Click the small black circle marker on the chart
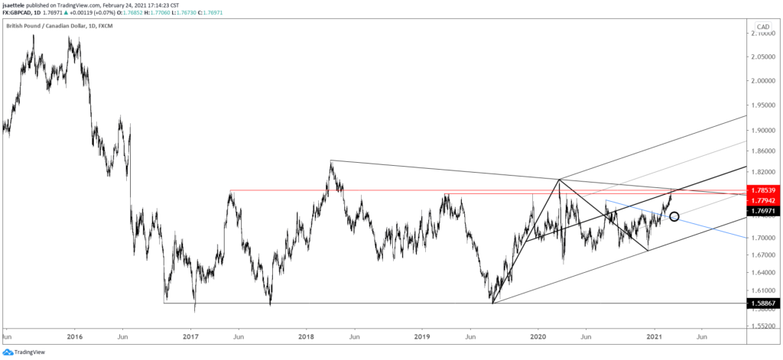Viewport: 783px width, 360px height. (x=674, y=216)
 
